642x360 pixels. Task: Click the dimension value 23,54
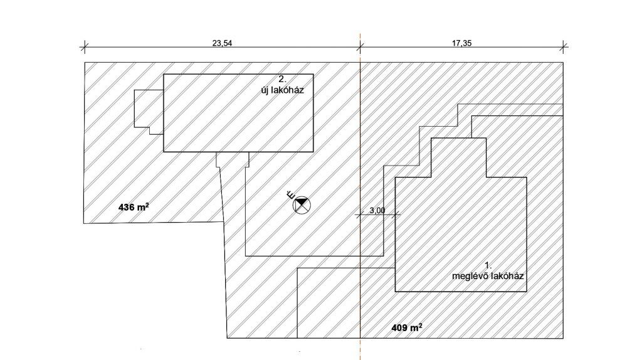click(x=219, y=43)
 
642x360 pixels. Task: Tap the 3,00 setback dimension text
click(x=377, y=211)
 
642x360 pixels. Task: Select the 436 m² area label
click(x=134, y=206)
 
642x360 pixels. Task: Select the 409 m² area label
click(x=407, y=327)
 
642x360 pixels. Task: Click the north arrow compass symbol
click(x=302, y=204)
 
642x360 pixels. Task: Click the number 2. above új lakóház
click(x=282, y=80)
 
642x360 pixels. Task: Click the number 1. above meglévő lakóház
click(x=488, y=266)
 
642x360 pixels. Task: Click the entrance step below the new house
click(x=232, y=160)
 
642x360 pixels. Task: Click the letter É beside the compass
click(x=290, y=194)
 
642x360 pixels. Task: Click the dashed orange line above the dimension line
click(x=360, y=38)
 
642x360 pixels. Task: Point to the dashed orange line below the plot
click(x=360, y=348)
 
